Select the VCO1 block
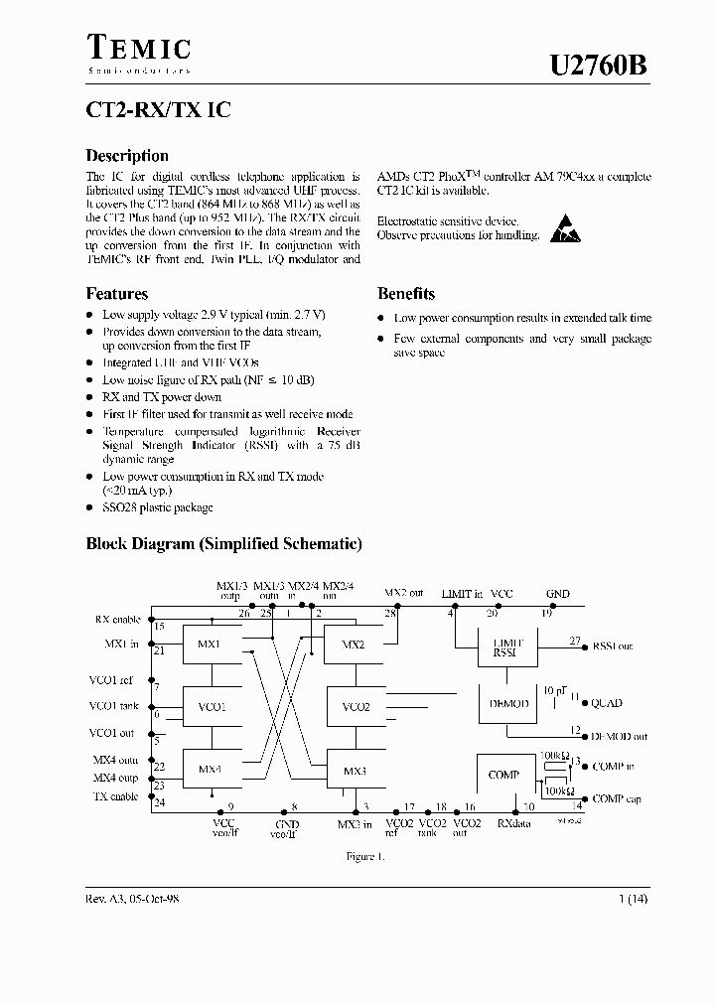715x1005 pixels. (212, 707)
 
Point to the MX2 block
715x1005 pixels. (355, 646)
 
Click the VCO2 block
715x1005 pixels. (355, 707)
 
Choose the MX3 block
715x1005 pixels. (355, 770)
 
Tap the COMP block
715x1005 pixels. (503, 775)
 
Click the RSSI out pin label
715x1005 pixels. (613, 646)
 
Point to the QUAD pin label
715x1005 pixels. (607, 703)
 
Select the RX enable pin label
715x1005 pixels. (117, 619)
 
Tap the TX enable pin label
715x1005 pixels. (116, 796)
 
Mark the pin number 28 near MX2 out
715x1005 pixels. (390, 613)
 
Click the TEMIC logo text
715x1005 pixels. (139, 48)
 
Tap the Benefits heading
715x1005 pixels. (405, 294)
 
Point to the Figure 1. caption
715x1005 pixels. (364, 856)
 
